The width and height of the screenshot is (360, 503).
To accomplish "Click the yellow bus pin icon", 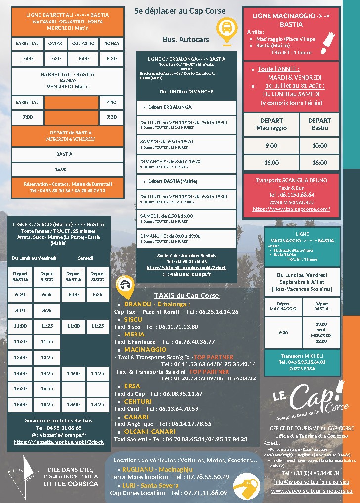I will tap(226, 29).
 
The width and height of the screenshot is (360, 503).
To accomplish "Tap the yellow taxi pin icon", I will tap(125, 286).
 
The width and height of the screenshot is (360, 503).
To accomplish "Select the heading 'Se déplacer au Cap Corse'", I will tap(180, 11).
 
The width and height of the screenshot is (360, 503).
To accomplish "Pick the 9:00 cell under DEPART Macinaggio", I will tap(271, 146).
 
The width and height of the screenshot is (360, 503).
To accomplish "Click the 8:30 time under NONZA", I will tap(112, 58).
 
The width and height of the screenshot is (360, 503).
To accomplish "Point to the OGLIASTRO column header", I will tap(83, 43).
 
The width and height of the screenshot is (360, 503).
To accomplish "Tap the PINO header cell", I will tap(112, 102).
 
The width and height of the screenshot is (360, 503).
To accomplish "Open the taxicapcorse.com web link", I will tap(291, 209).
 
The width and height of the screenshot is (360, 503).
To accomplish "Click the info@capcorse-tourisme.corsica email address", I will tap(312, 482).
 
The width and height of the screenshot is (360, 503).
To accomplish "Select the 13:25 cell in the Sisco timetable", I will tap(47, 357).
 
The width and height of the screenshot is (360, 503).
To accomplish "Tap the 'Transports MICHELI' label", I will tap(302, 356).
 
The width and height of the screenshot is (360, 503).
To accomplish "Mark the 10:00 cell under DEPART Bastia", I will tap(319, 146).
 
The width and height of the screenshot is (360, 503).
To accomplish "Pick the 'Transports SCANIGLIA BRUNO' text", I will tap(291, 180).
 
